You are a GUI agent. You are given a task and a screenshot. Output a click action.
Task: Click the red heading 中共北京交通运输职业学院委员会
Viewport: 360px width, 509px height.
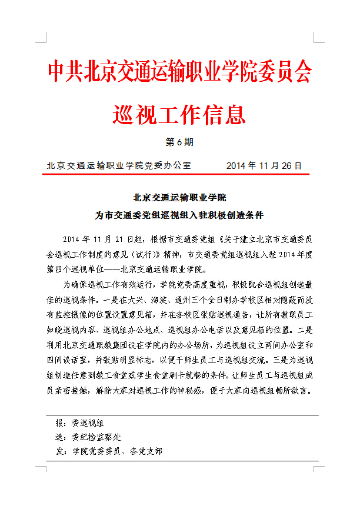(179, 72)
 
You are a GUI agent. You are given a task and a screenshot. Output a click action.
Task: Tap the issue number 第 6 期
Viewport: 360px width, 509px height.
(179, 142)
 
